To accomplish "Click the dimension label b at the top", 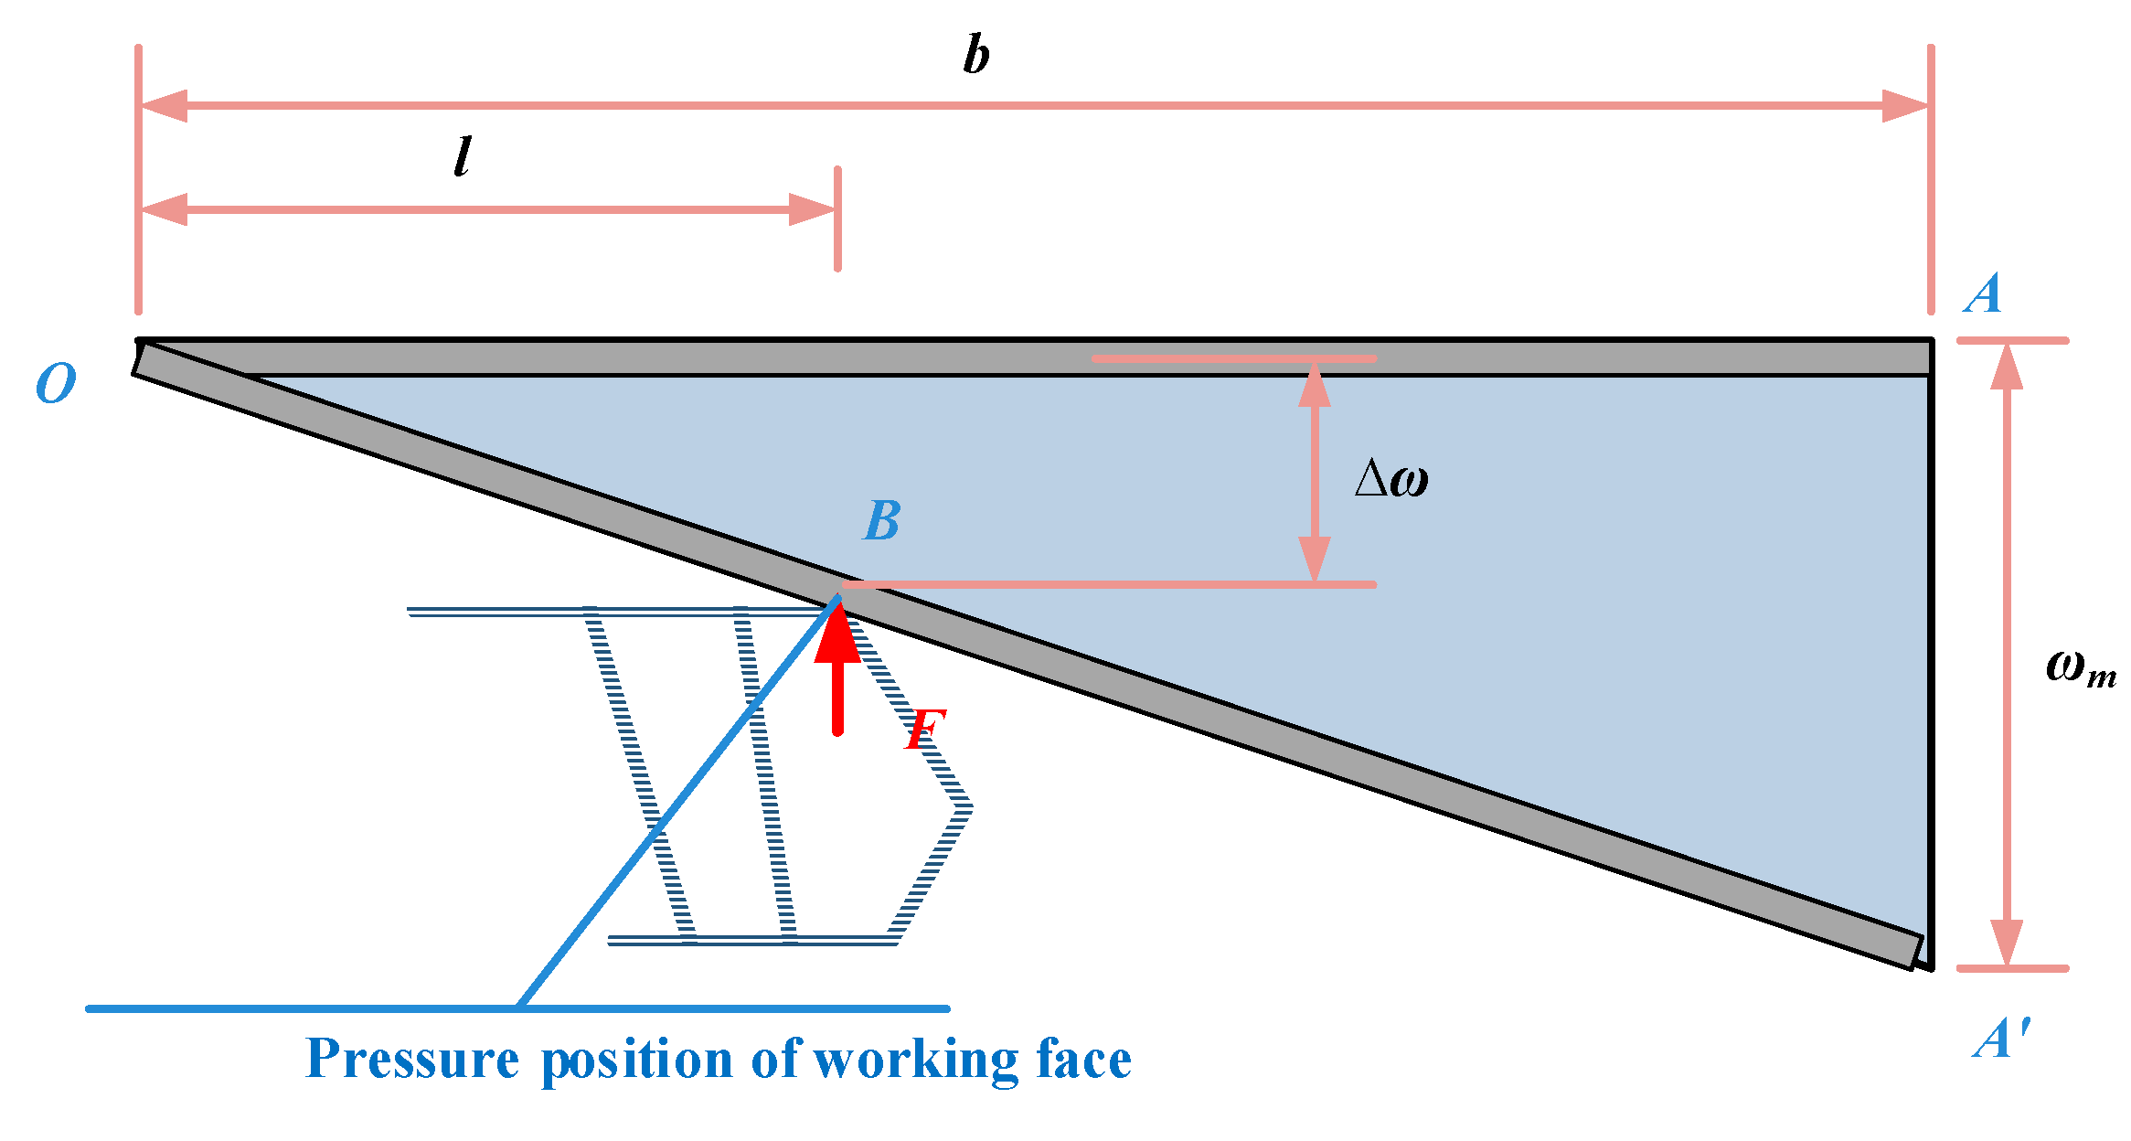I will coord(976,55).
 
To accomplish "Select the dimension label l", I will coord(463,156).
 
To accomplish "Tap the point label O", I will coord(56,383).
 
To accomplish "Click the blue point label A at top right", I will coord(1982,294).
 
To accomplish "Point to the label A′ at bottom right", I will coord(2000,1040).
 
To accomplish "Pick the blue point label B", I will coord(882,521).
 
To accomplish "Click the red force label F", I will coord(924,730).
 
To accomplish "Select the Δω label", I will coord(1391,478).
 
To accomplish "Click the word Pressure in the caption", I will coord(412,1060).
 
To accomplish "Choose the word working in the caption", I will coord(915,1061).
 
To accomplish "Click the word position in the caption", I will coord(637,1061).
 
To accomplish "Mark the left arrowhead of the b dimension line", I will coord(165,106).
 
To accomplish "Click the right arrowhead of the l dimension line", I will coord(812,209).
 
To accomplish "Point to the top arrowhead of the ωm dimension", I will coord(2007,367).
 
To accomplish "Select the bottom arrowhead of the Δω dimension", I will coord(1315,559).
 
